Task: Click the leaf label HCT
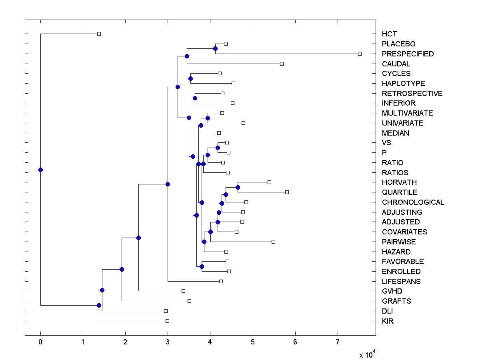pyautogui.click(x=389, y=34)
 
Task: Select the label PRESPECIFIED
pyautogui.click(x=408, y=54)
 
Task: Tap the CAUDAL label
pyautogui.click(x=396, y=64)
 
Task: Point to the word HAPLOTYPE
pyautogui.click(x=403, y=84)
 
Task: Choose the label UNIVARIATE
pyautogui.click(x=402, y=123)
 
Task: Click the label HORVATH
pyautogui.click(x=399, y=182)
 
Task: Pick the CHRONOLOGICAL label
pyautogui.click(x=413, y=202)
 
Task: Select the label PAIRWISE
pyautogui.click(x=399, y=242)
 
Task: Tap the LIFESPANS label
pyautogui.click(x=401, y=282)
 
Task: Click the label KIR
pyautogui.click(x=388, y=321)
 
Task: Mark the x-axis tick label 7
pyautogui.click(x=338, y=342)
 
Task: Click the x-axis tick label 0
pyautogui.click(x=40, y=342)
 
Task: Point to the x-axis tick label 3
pyautogui.click(x=168, y=342)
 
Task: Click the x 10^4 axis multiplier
pyautogui.click(x=368, y=354)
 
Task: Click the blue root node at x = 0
pyautogui.click(x=40, y=170)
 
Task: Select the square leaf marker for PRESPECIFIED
pyautogui.click(x=360, y=54)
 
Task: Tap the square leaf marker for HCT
pyautogui.click(x=99, y=34)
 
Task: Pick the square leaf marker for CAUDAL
pyautogui.click(x=282, y=64)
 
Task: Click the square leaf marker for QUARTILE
pyautogui.click(x=287, y=192)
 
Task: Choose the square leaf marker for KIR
pyautogui.click(x=167, y=321)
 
